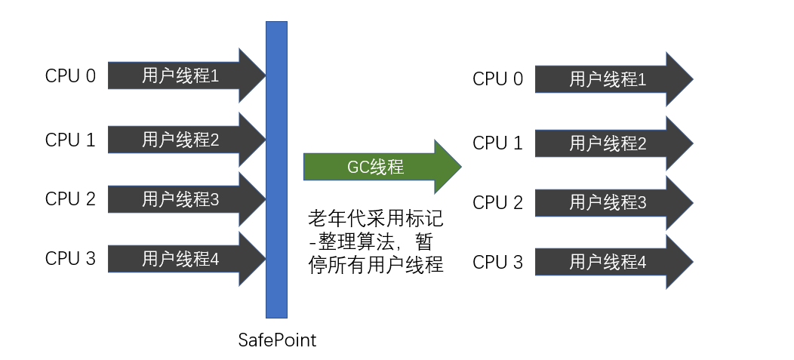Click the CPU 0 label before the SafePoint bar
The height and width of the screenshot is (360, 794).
70,76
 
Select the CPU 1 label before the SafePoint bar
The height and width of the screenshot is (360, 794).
70,140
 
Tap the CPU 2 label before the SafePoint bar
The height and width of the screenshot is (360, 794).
70,199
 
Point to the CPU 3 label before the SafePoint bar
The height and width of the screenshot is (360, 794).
70,259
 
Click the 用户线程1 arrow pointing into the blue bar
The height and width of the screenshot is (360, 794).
181,76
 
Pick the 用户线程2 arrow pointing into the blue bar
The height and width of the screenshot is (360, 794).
181,140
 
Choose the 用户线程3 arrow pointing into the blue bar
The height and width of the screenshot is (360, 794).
181,199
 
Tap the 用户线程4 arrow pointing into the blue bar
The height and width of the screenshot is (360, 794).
181,259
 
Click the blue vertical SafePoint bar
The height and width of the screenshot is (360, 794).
277,169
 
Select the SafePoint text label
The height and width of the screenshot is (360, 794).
277,340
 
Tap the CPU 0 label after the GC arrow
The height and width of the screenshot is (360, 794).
497,79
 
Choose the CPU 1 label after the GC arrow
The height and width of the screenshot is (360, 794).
497,143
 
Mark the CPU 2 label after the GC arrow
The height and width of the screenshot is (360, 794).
497,203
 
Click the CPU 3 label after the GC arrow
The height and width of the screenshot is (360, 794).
497,263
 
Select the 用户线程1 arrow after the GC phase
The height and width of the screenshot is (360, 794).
608,79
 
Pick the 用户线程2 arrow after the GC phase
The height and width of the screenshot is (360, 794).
608,143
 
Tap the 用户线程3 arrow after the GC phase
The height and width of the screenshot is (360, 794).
608,203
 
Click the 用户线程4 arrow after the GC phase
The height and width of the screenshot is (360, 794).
608,263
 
